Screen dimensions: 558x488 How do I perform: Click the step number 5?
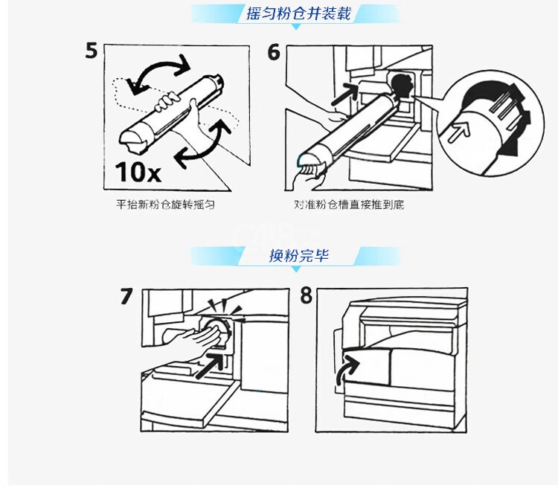pos(91,51)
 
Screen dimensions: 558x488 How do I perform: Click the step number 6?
pos(274,52)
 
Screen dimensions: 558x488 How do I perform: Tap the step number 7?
pos(126,297)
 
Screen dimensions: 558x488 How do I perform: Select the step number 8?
pos(306,295)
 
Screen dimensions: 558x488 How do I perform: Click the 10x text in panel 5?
pos(138,173)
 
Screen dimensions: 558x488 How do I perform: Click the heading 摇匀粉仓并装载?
pos(298,13)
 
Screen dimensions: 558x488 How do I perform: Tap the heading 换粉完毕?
pos(299,256)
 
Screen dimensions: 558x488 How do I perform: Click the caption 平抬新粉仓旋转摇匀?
pos(165,205)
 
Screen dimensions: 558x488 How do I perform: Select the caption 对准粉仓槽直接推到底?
pos(349,205)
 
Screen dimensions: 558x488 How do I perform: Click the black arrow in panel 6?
pos(345,94)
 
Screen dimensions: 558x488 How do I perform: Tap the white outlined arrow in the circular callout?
pos(459,132)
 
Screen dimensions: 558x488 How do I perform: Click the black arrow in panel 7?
pos(211,365)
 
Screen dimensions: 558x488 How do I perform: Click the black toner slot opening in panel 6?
pos(402,86)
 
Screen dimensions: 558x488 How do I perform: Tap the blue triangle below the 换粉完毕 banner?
pos(296,269)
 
